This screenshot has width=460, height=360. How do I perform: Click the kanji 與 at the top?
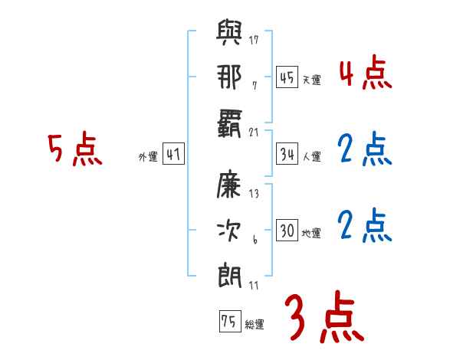coord(230,34)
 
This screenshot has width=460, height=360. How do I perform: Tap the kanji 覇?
coord(230,124)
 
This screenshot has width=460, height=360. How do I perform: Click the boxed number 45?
coord(287,77)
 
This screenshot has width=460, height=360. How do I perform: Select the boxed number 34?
coord(287,154)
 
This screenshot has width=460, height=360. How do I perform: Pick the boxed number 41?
coord(173,154)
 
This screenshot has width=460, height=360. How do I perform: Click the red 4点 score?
coord(365,74)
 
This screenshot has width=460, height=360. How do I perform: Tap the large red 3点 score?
coord(323,317)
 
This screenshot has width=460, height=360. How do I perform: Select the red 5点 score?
coord(74,149)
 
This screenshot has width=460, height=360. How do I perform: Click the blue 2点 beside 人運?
coord(365,150)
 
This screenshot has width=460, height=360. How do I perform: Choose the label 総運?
coord(255,325)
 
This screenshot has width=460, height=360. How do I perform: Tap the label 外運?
coord(147,157)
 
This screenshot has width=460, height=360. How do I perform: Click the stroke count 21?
coord(254,132)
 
